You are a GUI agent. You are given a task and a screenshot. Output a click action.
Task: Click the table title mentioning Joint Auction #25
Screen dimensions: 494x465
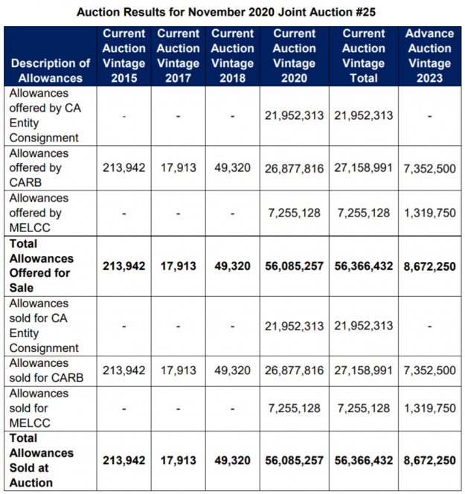[x=233, y=10]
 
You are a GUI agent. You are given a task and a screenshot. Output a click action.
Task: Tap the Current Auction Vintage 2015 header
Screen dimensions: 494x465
[x=124, y=56]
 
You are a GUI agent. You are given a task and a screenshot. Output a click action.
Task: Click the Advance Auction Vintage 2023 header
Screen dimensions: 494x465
[x=429, y=56]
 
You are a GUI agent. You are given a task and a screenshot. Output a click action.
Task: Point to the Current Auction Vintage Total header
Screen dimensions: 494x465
[x=364, y=56]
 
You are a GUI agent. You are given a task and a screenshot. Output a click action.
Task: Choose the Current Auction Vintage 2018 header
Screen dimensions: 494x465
[x=232, y=56]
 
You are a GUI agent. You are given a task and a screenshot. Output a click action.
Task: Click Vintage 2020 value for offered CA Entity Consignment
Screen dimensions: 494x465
[x=294, y=116]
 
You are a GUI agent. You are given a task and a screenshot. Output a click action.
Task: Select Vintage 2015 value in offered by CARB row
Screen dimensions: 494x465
[x=124, y=168]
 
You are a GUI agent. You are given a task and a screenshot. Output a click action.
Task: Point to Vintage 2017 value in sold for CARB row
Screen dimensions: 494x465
[x=179, y=370]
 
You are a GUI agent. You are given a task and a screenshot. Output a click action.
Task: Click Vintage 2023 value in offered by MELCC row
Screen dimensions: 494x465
[x=429, y=213]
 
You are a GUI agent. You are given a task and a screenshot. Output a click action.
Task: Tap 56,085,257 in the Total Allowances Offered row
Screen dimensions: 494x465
[x=294, y=266]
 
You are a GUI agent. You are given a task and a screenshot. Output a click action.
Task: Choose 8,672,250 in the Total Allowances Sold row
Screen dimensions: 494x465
[x=429, y=461]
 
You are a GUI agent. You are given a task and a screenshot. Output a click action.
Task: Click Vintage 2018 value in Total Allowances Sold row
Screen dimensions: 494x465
[x=232, y=461]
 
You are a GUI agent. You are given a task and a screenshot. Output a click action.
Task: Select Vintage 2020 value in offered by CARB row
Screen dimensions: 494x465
[x=294, y=168]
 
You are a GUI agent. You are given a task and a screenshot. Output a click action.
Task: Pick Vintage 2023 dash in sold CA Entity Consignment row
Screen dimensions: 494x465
[x=429, y=326]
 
